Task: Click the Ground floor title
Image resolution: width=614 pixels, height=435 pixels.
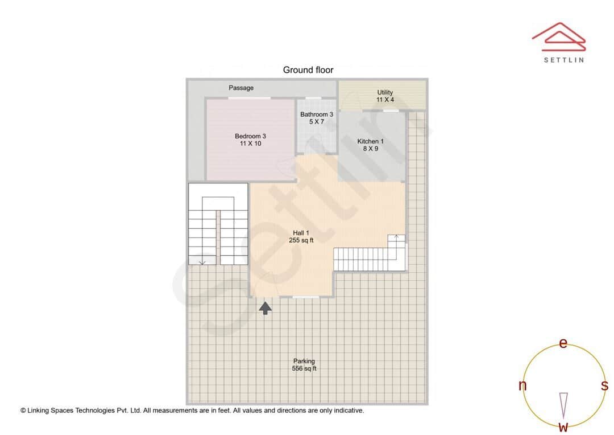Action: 308,69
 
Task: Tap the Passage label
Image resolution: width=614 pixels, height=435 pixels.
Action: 241,88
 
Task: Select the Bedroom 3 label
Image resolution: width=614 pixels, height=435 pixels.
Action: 250,136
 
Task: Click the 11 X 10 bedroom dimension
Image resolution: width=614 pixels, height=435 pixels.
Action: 250,143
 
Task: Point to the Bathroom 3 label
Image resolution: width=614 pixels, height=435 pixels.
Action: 317,114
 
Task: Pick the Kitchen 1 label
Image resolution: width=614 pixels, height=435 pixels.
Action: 370,141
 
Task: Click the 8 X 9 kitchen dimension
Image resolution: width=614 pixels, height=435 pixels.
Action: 370,149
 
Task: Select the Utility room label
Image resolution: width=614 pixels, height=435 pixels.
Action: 385,92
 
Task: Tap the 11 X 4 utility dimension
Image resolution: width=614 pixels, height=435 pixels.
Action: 385,100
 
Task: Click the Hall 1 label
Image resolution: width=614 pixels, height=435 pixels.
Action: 301,233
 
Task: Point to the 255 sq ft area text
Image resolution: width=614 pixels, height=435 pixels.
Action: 301,240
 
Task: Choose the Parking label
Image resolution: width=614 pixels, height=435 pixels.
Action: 304,361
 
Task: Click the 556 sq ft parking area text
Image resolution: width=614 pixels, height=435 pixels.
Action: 304,368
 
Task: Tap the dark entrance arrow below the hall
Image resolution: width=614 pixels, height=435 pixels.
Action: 265,308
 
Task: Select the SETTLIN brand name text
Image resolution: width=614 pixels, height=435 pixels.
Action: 563,59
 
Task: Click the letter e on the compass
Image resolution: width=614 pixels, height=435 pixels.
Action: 563,343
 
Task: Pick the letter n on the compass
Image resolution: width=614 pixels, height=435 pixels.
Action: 522,385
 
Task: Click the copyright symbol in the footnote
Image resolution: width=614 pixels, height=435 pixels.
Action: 23,410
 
